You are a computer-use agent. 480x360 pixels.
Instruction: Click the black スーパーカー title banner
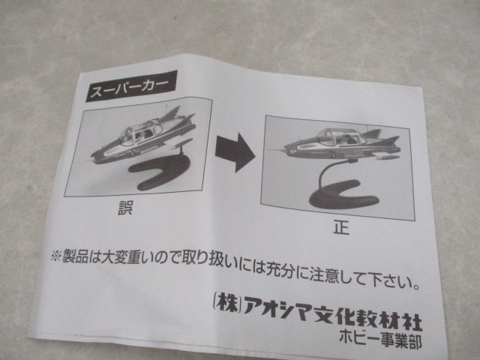click(131, 86)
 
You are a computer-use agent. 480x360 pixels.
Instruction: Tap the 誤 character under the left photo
click(125, 207)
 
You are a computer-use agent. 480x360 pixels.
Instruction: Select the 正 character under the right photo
click(341, 228)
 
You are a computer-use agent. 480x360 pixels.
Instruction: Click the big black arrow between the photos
click(235, 152)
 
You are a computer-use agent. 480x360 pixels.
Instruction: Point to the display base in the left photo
click(159, 173)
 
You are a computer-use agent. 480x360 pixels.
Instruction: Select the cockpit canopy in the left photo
click(141, 131)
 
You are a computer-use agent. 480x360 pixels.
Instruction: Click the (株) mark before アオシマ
click(226, 303)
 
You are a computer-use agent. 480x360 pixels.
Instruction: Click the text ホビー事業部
click(380, 340)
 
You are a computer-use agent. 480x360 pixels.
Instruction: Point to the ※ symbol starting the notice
click(55, 255)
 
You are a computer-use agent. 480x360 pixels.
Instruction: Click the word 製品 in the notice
click(75, 257)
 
